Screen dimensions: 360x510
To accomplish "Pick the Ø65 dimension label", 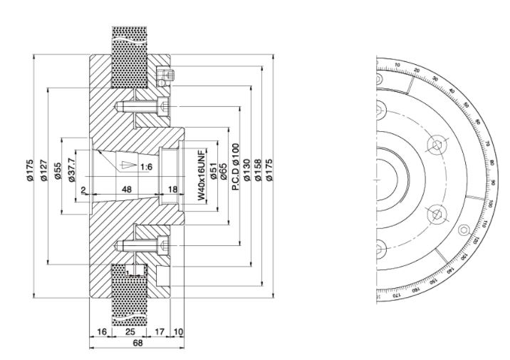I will [224, 172].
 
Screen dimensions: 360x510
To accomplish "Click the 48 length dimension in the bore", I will [125, 190].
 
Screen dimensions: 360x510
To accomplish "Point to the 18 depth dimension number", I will [172, 190].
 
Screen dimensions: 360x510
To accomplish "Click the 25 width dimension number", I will [130, 332].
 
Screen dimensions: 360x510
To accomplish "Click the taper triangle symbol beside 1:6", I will [127, 165].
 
